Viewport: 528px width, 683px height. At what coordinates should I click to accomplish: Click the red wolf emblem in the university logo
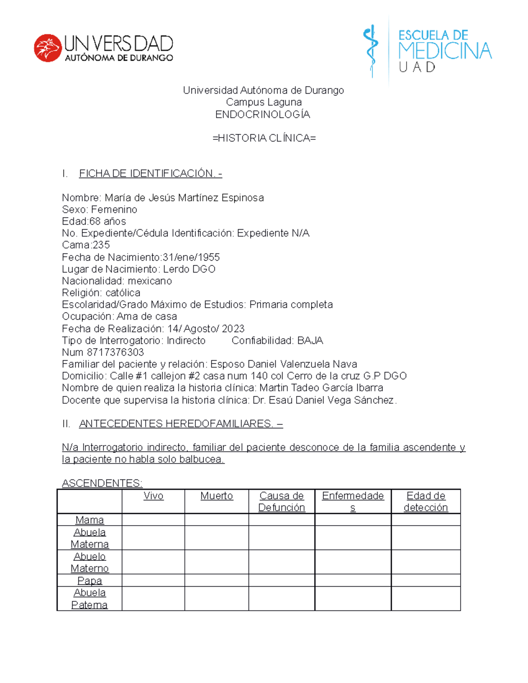click(48, 48)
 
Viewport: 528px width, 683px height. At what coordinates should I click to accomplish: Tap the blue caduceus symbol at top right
click(371, 50)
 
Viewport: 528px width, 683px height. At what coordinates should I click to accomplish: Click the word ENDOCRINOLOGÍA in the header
click(263, 114)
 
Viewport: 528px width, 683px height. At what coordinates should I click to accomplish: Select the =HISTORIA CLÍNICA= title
click(264, 138)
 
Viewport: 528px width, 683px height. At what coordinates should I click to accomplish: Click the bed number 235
click(101, 245)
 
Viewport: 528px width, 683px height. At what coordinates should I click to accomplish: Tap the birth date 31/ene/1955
click(191, 257)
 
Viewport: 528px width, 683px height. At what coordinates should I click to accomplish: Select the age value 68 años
click(108, 221)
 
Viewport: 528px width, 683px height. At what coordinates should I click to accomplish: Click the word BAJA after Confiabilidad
click(310, 340)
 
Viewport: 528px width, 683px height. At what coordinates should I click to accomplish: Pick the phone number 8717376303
click(115, 352)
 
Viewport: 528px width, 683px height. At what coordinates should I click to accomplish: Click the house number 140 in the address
click(259, 376)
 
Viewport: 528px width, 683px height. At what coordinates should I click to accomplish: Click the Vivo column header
click(153, 496)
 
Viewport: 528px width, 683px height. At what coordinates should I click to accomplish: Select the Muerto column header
click(216, 496)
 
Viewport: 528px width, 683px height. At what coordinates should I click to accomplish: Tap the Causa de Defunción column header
click(282, 502)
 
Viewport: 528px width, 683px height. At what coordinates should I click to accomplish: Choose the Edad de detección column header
click(425, 502)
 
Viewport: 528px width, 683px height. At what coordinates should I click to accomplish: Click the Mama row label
click(89, 520)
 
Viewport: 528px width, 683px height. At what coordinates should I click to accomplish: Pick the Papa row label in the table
click(89, 581)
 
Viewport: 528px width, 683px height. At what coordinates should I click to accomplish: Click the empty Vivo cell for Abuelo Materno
click(153, 562)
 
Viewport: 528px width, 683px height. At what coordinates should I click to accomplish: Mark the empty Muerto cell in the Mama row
click(216, 520)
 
